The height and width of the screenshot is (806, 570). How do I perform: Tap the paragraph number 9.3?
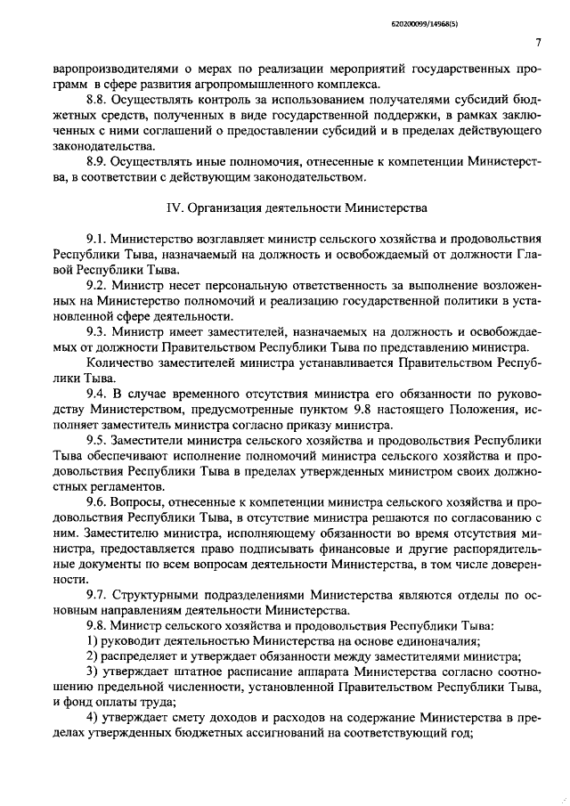click(x=98, y=330)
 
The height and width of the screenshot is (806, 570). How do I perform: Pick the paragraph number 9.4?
click(x=98, y=392)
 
